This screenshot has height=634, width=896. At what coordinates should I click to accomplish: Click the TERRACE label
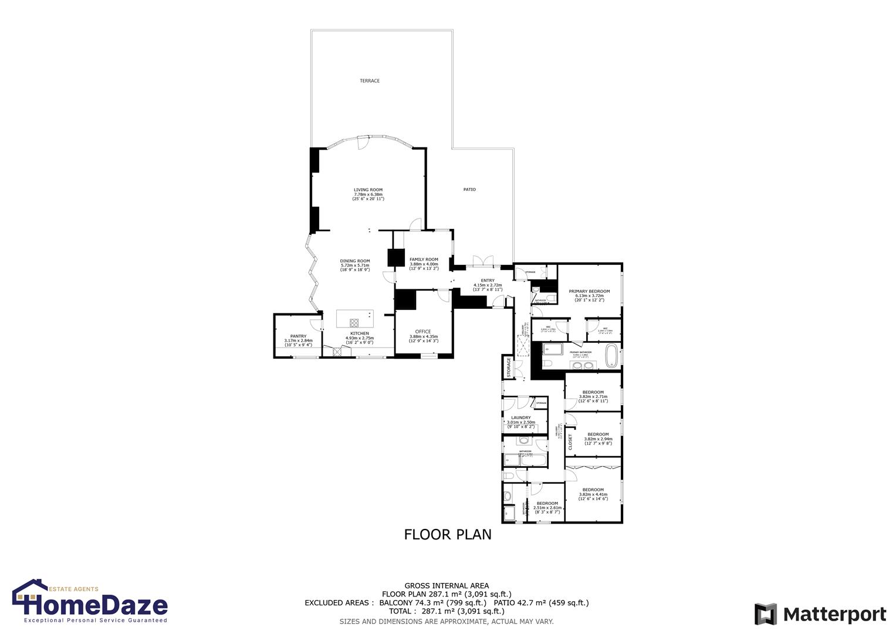[370, 80]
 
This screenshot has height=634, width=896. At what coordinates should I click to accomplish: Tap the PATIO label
[469, 189]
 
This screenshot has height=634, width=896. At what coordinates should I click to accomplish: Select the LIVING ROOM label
[368, 190]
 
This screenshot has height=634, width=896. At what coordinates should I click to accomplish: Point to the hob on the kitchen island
[354, 322]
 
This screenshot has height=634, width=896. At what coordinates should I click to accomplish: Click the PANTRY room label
[298, 336]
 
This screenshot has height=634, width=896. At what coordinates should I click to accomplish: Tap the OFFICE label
[423, 332]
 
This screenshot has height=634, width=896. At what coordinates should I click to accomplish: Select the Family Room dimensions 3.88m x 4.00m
[424, 264]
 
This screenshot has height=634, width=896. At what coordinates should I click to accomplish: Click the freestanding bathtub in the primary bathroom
[611, 355]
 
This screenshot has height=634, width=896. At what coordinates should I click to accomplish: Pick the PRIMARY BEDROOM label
[589, 291]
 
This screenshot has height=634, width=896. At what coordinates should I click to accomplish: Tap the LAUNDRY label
[520, 418]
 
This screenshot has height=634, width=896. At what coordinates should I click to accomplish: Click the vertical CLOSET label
[570, 442]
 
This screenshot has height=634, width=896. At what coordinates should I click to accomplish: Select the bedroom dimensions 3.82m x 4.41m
[593, 494]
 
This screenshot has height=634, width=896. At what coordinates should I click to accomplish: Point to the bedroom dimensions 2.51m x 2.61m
[547, 508]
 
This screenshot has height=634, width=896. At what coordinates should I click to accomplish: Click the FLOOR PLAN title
[448, 534]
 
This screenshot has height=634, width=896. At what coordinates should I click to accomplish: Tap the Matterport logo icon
[765, 614]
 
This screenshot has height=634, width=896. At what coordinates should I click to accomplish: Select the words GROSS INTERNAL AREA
[447, 585]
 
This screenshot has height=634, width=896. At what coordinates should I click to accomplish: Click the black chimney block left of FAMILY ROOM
[397, 258]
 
